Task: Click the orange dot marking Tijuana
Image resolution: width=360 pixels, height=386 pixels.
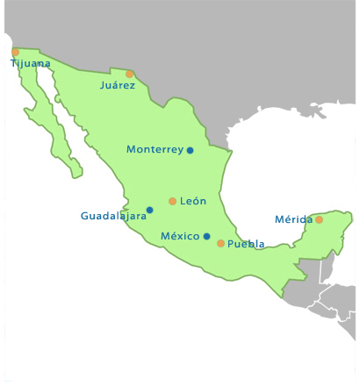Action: tap(15, 52)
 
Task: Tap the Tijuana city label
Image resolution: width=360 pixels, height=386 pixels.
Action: tap(31, 63)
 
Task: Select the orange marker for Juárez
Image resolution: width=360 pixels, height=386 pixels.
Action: tap(130, 74)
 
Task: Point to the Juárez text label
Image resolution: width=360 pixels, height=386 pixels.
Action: tap(118, 85)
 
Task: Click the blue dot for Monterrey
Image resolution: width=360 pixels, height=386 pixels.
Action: tap(190, 150)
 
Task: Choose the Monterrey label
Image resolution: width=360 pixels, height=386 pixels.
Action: tap(155, 149)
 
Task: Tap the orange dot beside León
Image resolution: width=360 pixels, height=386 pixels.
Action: tap(172, 201)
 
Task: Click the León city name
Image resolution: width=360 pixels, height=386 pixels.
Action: tap(192, 201)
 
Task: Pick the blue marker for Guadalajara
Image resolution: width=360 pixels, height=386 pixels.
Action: tap(149, 210)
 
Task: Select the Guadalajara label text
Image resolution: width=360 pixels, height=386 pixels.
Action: tap(113, 216)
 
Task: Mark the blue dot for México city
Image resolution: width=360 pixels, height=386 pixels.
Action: tap(206, 236)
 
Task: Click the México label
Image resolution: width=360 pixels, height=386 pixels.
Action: tap(180, 236)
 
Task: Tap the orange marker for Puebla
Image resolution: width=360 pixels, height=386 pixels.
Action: tap(220, 243)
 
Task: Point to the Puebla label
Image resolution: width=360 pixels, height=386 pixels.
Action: tap(246, 244)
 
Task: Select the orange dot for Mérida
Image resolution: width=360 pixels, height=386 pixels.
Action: tap(320, 219)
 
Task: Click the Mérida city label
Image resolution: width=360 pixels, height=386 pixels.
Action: tap(293, 218)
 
